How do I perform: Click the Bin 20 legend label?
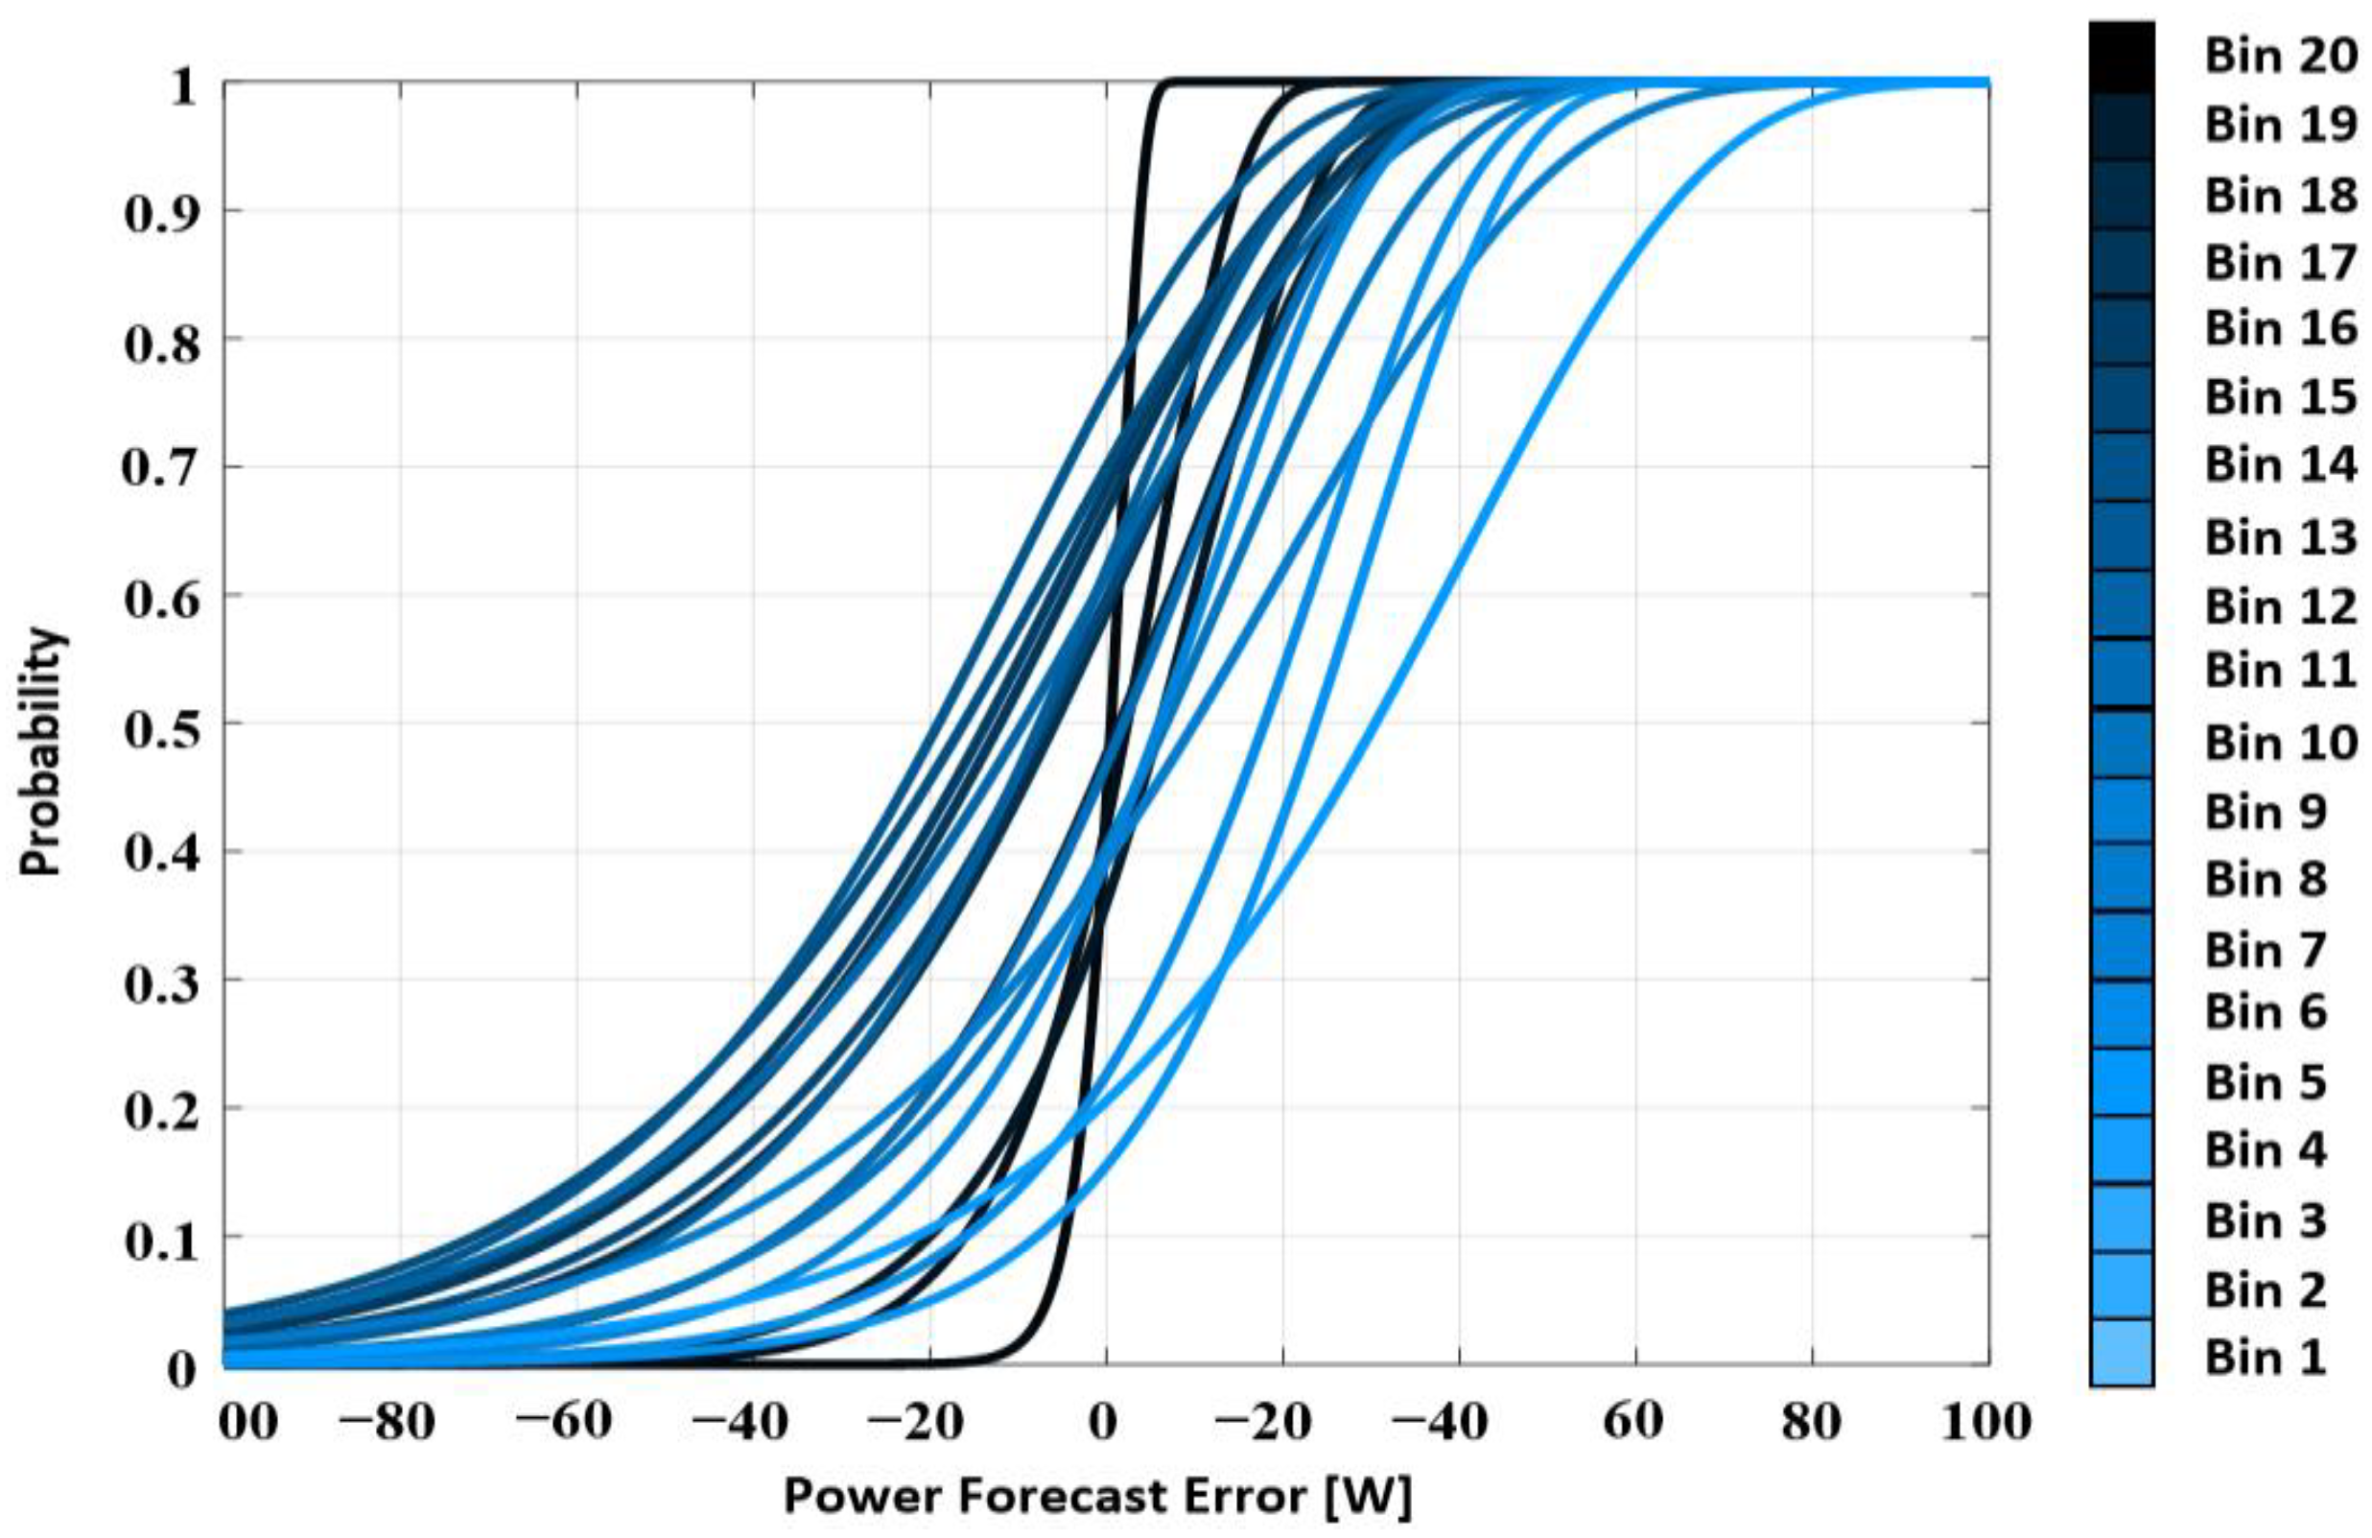pyautogui.click(x=2280, y=56)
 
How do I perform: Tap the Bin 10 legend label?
pyautogui.click(x=2280, y=743)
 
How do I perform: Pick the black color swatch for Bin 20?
pyautogui.click(x=2121, y=58)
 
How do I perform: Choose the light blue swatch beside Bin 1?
pyautogui.click(x=2121, y=1352)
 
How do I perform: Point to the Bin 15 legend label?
pyautogui.click(x=2280, y=396)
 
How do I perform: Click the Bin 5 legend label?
pyautogui.click(x=2265, y=1081)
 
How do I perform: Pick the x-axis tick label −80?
pyautogui.click(x=387, y=1422)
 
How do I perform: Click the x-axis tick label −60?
pyautogui.click(x=564, y=1422)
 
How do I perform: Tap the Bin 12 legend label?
pyautogui.click(x=2280, y=605)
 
